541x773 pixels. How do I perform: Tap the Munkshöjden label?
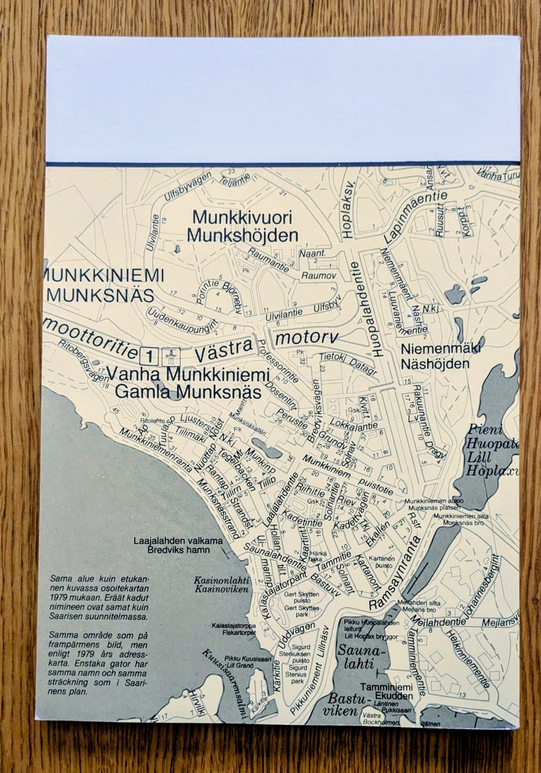pos(242,235)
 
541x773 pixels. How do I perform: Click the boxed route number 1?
pos(149,355)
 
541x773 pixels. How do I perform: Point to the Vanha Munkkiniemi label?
pos(188,374)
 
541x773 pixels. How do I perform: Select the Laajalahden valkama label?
pos(178,540)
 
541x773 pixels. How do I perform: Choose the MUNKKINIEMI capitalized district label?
pos(104,276)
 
